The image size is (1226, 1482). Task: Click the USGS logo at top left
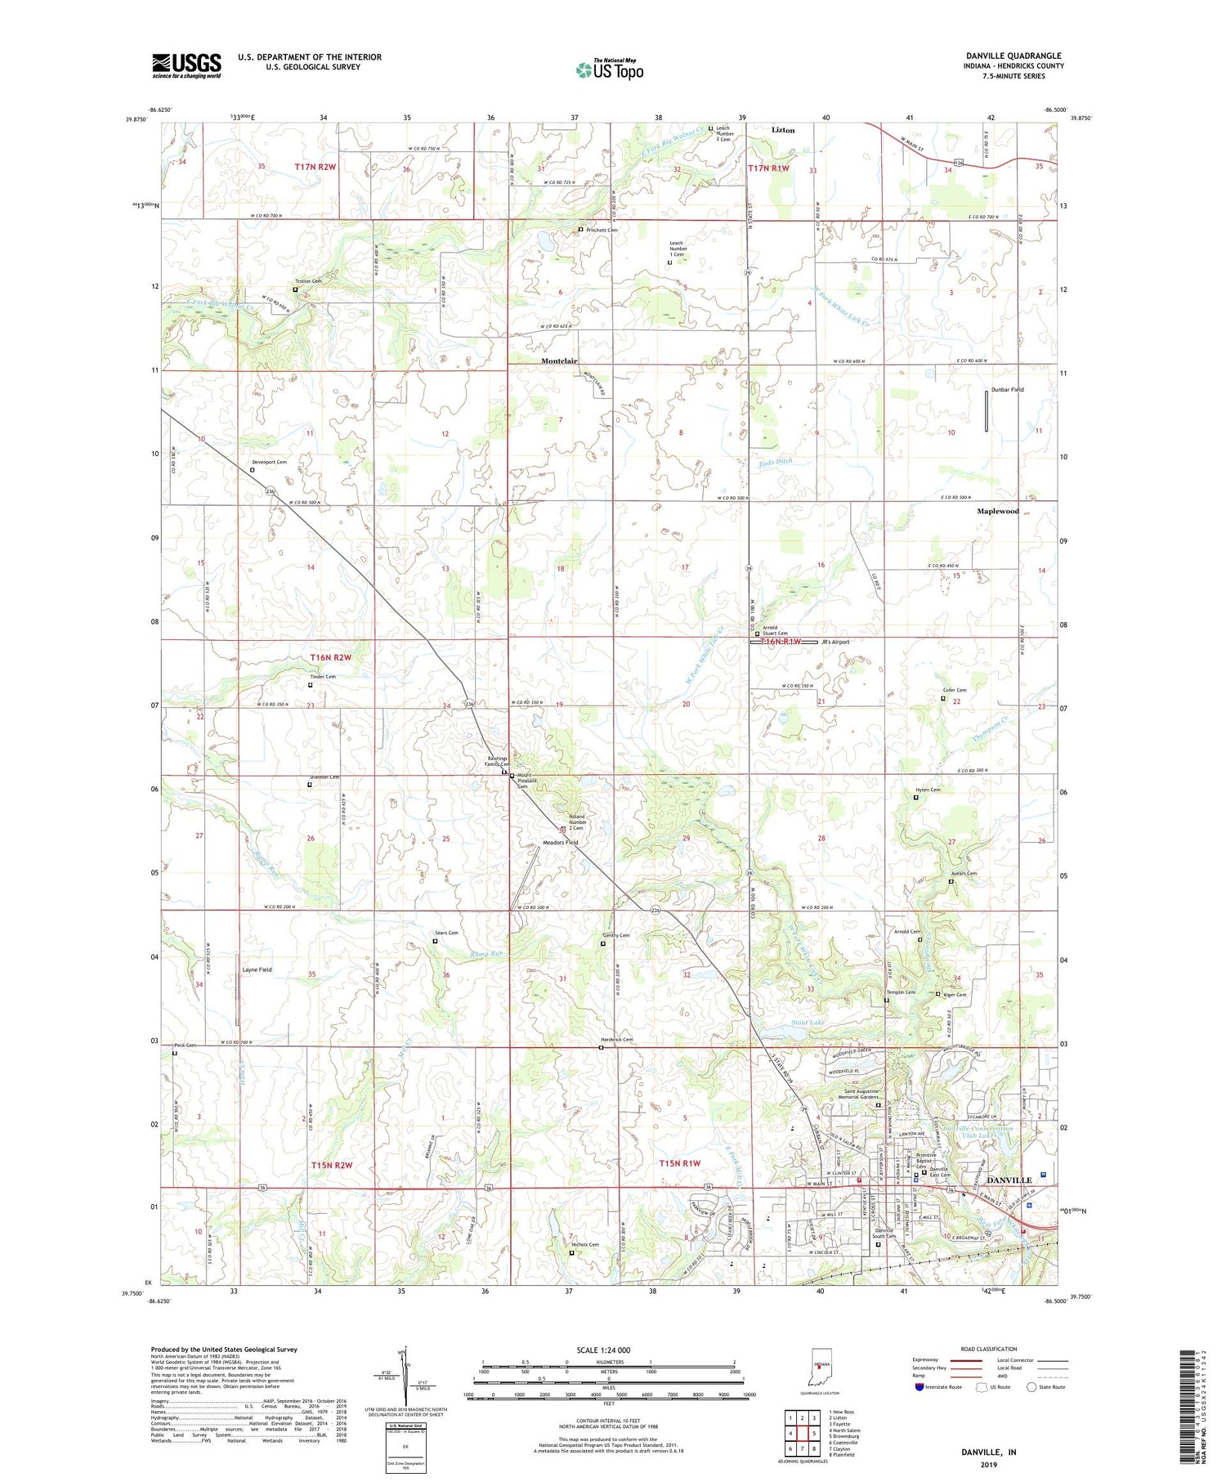(186, 65)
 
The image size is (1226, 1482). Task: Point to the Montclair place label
(559, 361)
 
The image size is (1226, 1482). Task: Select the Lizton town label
(782, 130)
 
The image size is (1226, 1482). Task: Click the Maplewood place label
(998, 511)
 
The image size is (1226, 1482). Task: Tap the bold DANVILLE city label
(1009, 1180)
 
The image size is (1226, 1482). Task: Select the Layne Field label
(257, 969)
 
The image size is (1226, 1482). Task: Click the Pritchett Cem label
(602, 231)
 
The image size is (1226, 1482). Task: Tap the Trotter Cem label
(309, 281)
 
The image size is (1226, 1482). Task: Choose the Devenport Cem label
(268, 463)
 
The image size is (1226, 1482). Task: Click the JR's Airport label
(835, 642)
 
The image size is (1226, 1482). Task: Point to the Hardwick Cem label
(616, 1040)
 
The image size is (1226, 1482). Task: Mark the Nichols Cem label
(584, 1245)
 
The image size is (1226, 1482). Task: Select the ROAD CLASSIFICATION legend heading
(989, 1349)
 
